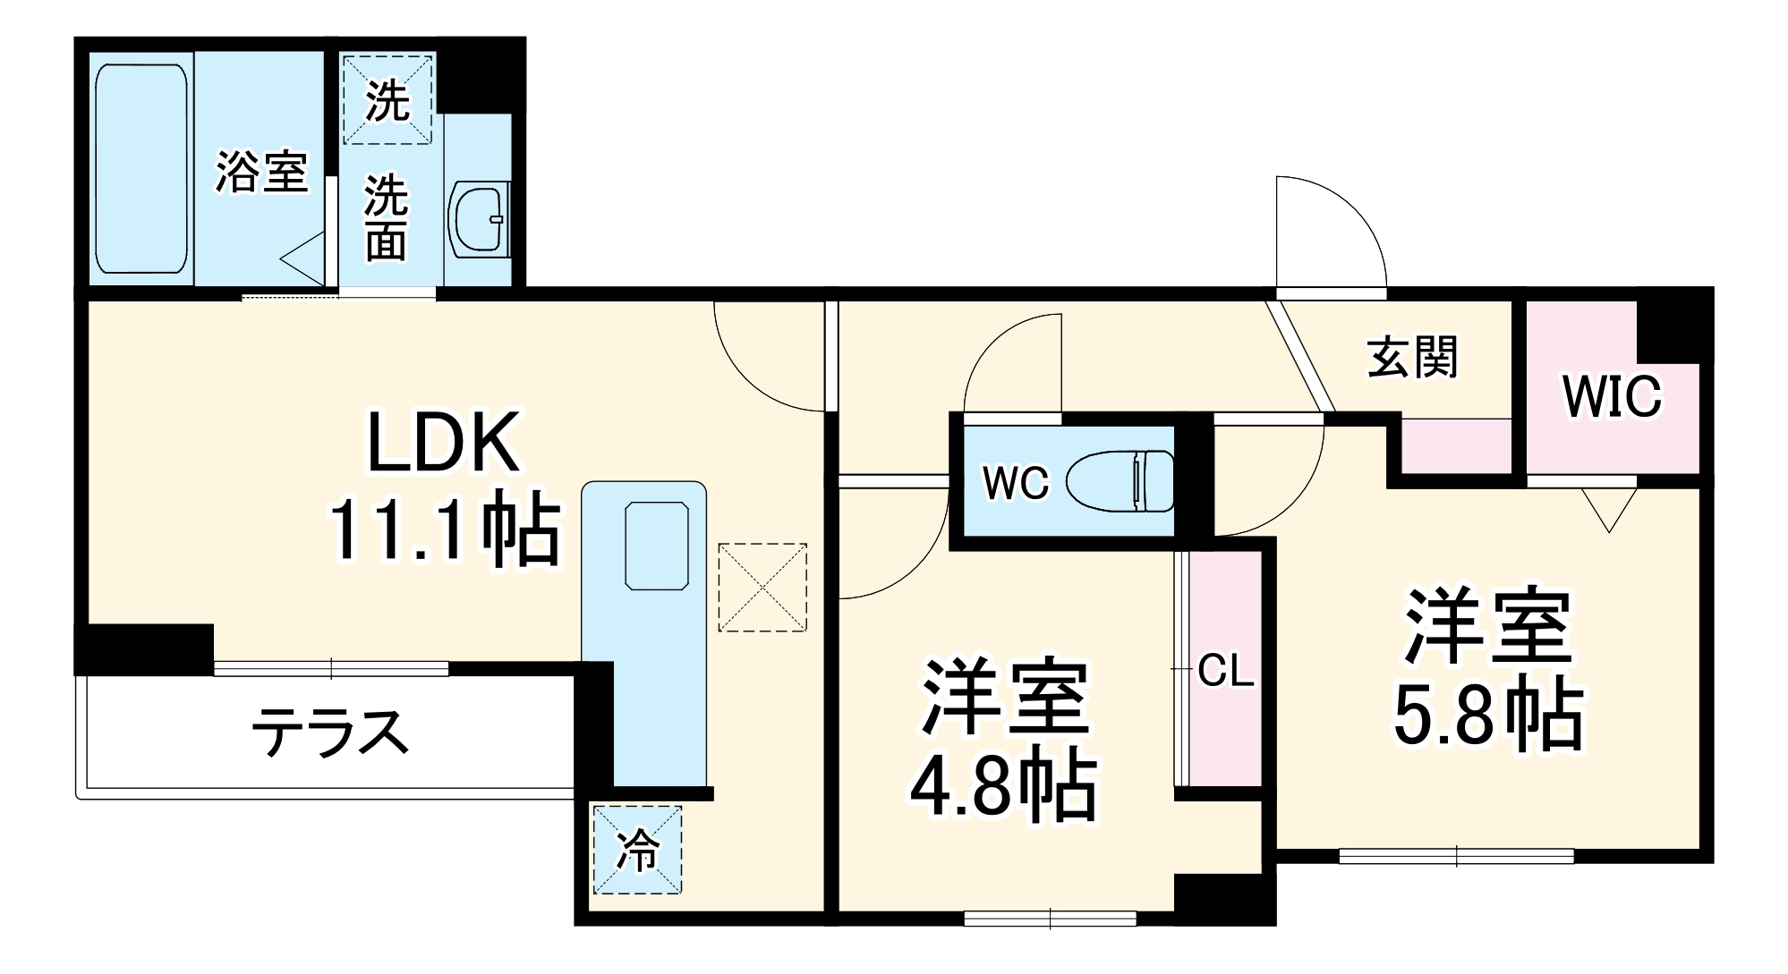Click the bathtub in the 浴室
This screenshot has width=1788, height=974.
click(141, 168)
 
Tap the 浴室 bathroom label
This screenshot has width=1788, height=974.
click(261, 171)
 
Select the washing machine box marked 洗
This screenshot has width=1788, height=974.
click(387, 99)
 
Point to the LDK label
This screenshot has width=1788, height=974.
click(444, 443)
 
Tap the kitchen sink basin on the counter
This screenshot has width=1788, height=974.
click(656, 546)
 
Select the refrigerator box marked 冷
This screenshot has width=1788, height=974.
click(636, 850)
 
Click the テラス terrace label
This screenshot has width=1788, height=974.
click(330, 732)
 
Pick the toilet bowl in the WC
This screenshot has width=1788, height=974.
click(1122, 481)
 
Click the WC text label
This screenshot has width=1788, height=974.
click(1015, 483)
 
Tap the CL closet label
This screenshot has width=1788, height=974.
click(1225, 670)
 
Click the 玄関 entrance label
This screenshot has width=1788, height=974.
click(1412, 358)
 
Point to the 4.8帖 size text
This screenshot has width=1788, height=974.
click(1003, 787)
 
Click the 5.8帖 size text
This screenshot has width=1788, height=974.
click(1488, 716)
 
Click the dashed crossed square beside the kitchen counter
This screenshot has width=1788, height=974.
click(762, 588)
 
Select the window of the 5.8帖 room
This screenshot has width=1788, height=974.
click(1456, 856)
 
